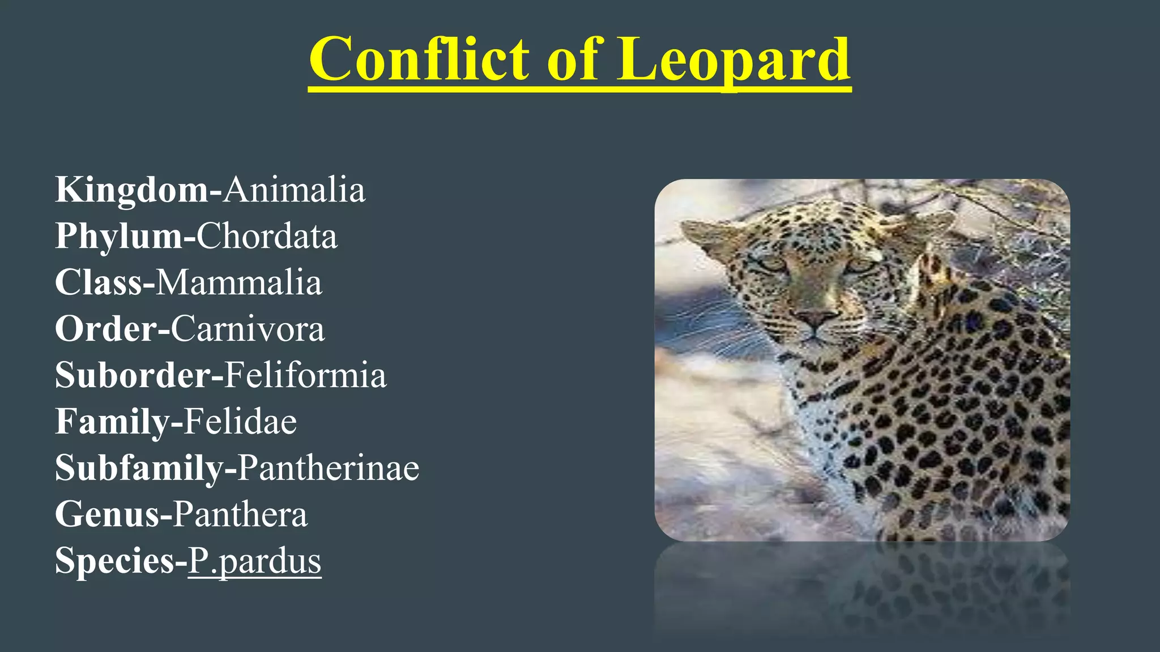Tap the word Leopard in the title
click(x=733, y=59)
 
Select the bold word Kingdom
click(x=131, y=190)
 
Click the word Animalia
click(x=294, y=190)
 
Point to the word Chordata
click(x=267, y=236)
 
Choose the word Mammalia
click(x=238, y=282)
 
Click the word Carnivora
click(x=248, y=329)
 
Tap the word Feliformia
click(x=305, y=375)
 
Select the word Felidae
click(x=240, y=422)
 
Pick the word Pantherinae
click(x=328, y=468)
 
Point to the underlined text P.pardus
click(x=254, y=561)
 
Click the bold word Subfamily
click(x=139, y=468)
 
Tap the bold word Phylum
click(x=119, y=236)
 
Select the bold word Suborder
click(x=133, y=375)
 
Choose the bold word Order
click(x=106, y=329)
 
